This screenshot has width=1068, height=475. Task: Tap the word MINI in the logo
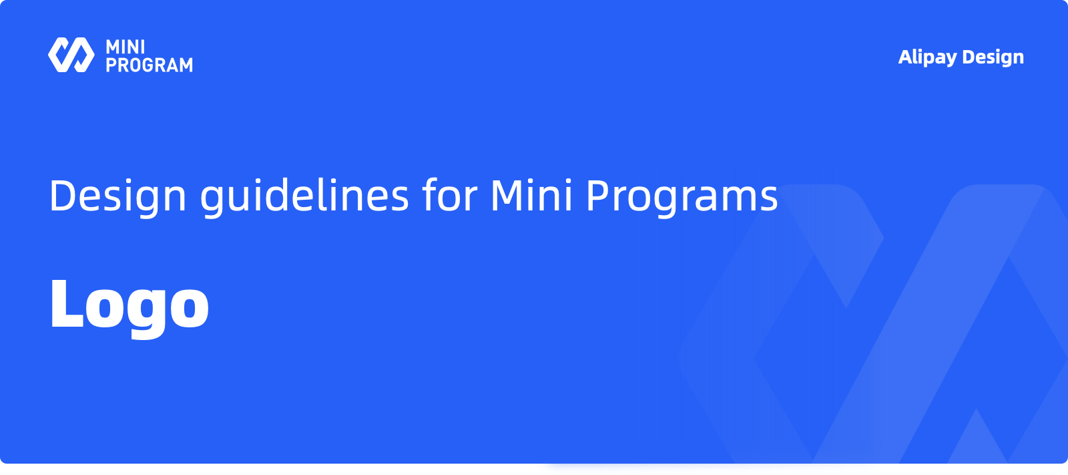click(125, 47)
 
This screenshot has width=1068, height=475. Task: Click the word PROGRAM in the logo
click(150, 64)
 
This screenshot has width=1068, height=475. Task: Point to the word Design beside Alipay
click(993, 57)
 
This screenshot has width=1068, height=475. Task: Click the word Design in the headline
click(117, 196)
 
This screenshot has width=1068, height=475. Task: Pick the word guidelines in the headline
click(304, 196)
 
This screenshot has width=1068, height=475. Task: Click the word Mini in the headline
click(531, 195)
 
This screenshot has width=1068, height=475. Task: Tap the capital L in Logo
click(67, 303)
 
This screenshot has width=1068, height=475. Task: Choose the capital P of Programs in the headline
click(600, 195)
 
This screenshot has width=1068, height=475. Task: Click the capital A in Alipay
click(905, 57)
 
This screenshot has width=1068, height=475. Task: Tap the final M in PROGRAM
click(185, 64)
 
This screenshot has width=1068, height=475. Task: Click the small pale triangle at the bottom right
click(977, 437)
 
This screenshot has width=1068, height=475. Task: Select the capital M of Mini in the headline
click(509, 195)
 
